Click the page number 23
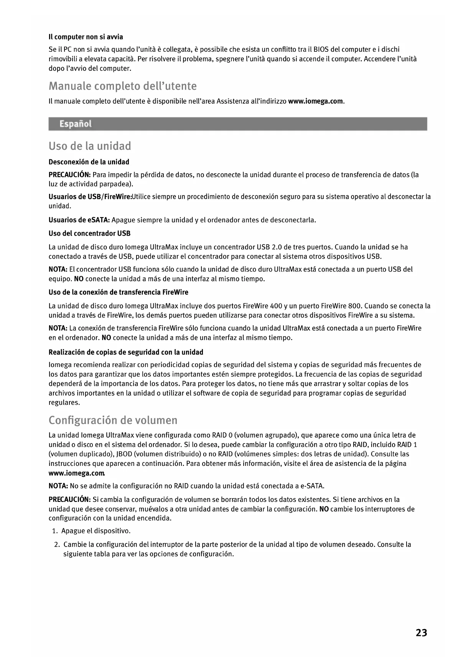coord(421,633)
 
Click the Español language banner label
coord(75,124)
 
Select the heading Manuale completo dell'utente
coord(122,86)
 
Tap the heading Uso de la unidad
coord(90,146)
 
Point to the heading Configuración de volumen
coord(113,420)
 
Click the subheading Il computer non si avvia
coord(86,37)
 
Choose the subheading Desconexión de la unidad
coord(89,162)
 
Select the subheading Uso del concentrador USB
coord(89,233)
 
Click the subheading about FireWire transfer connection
coord(118,292)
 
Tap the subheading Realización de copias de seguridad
coord(126,352)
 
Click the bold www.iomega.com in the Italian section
coord(315,102)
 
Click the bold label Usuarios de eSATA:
coord(79,220)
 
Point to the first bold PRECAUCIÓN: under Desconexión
coord(69,175)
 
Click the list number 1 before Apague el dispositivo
coord(55,531)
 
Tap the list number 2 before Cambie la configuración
coord(56,545)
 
